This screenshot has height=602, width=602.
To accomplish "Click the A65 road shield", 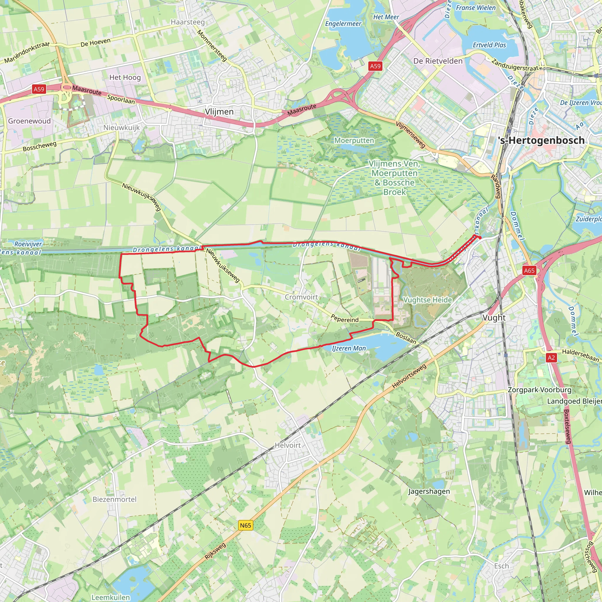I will pos(529,270).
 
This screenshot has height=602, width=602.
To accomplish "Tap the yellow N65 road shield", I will pos(245,525).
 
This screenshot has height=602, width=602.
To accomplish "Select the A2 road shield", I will pos(551,357).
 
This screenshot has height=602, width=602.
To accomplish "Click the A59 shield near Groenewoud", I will pos(39,89).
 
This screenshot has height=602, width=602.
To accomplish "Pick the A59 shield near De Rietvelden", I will pos(375,66).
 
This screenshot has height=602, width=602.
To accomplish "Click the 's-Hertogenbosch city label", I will pos(541,141).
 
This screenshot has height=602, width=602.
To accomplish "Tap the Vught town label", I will pos(494,317).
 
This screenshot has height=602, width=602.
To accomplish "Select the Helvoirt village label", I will pos(288,445).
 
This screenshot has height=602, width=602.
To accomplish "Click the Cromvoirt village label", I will pos(301,297).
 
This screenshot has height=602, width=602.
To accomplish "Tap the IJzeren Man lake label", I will pos(349,348).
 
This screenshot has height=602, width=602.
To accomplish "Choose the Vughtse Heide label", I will pos(427,300).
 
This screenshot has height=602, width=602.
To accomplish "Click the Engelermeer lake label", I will pos(343,24).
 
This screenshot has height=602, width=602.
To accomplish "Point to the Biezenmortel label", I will pos(115,499).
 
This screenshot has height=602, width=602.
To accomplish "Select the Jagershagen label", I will pos(429,491).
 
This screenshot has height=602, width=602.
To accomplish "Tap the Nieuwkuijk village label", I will pos(121,128).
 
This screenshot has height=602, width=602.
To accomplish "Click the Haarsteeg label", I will pos(188,22).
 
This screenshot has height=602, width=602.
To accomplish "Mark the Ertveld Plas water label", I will pos(489,45).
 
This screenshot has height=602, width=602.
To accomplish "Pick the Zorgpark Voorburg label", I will pos(539,390).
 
